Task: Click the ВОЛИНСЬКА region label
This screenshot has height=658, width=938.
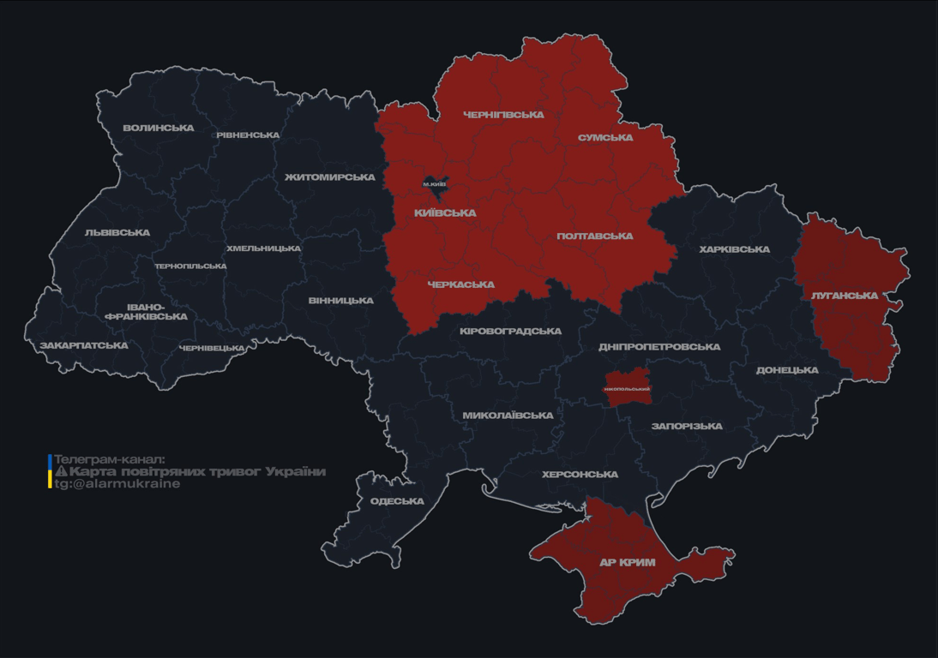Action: tap(159, 128)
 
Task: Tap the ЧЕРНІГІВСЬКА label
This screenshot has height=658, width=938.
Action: tap(503, 115)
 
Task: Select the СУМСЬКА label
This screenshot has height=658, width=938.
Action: tap(605, 137)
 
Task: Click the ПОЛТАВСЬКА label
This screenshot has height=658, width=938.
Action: tap(595, 236)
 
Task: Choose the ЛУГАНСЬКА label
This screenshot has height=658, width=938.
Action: tap(845, 296)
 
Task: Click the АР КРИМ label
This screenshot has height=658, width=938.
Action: tap(627, 563)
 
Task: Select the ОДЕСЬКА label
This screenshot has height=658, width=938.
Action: tap(397, 501)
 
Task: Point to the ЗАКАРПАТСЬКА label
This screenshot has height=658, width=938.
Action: tap(84, 345)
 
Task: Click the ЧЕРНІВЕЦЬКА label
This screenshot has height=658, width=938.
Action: tap(212, 348)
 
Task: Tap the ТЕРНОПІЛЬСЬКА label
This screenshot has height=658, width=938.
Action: tap(190, 266)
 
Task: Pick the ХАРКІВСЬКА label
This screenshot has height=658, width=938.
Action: tap(734, 249)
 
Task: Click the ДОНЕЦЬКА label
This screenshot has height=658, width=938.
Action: tap(787, 370)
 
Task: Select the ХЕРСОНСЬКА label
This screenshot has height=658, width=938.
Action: tap(580, 475)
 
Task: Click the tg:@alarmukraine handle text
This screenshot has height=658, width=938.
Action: tap(117, 484)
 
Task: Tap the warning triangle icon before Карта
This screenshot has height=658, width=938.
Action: tap(61, 472)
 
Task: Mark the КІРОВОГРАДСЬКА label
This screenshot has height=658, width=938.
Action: tap(510, 331)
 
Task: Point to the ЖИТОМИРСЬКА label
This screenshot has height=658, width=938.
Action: tap(330, 177)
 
